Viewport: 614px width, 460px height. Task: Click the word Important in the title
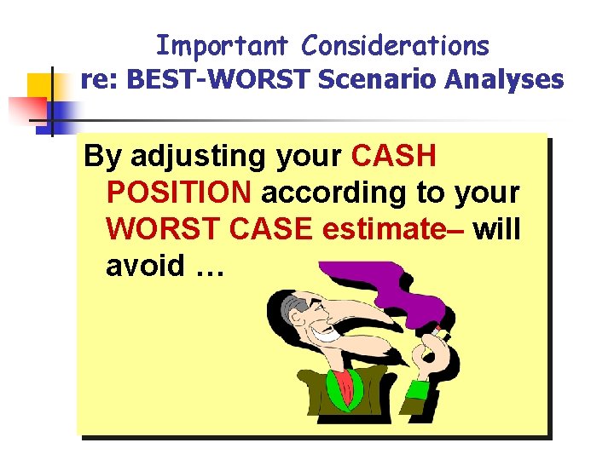click(x=224, y=45)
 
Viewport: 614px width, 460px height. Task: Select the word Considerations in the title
click(x=396, y=45)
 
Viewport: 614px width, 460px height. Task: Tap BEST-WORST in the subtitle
click(x=212, y=80)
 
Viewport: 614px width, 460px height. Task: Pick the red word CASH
click(x=393, y=156)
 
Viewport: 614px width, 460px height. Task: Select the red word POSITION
click(x=179, y=193)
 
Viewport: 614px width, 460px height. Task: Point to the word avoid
click(x=145, y=266)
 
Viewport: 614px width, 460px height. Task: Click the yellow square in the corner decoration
click(x=41, y=88)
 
